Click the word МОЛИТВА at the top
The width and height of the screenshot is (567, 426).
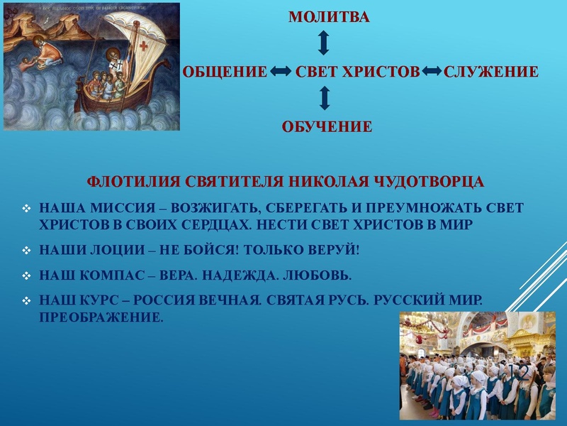point(329,17)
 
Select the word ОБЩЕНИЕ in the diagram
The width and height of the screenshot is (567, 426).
point(225,72)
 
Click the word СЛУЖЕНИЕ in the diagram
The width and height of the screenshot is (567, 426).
point(490,72)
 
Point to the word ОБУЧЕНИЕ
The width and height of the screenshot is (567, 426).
point(327,127)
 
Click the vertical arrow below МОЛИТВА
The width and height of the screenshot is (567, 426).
point(324,43)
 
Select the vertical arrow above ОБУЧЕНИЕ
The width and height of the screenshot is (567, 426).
point(324,98)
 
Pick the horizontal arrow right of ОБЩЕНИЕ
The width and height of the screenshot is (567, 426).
point(281,72)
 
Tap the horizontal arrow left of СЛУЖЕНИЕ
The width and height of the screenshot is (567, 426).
point(432,72)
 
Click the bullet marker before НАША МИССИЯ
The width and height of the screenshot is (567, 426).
point(26,209)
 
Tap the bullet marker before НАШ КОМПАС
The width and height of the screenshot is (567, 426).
point(26,274)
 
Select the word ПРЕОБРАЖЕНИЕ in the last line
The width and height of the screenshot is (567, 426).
point(101,317)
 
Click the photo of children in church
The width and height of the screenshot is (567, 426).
point(477,366)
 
